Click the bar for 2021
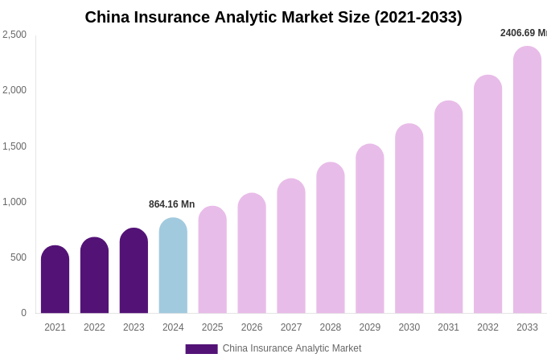coord(55,280)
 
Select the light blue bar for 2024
coord(173,265)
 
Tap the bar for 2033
coord(527,180)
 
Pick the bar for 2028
coord(331,238)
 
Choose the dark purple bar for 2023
coord(134,271)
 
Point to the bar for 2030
coord(409,219)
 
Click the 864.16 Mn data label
coord(171,204)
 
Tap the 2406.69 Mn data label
coord(523,33)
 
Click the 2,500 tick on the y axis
coord(14,35)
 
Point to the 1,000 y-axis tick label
coord(14,202)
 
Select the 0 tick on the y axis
coord(23,313)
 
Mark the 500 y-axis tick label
coord(18,257)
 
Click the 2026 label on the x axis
coord(252,327)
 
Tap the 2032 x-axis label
coord(487,327)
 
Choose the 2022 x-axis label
coord(94,327)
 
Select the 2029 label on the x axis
coord(370,327)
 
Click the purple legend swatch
coord(201,349)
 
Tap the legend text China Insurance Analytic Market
coord(292,348)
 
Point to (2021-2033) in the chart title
coord(418,17)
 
